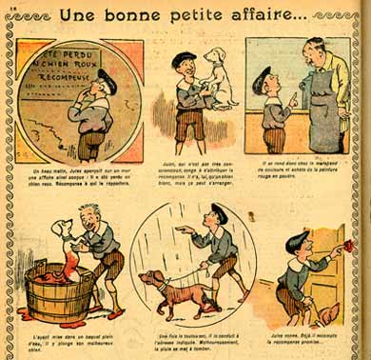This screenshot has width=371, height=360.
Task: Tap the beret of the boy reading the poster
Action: coord(107,77)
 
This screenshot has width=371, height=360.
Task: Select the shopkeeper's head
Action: coord(314,53)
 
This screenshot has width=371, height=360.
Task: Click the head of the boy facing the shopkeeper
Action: coord(263,80)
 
